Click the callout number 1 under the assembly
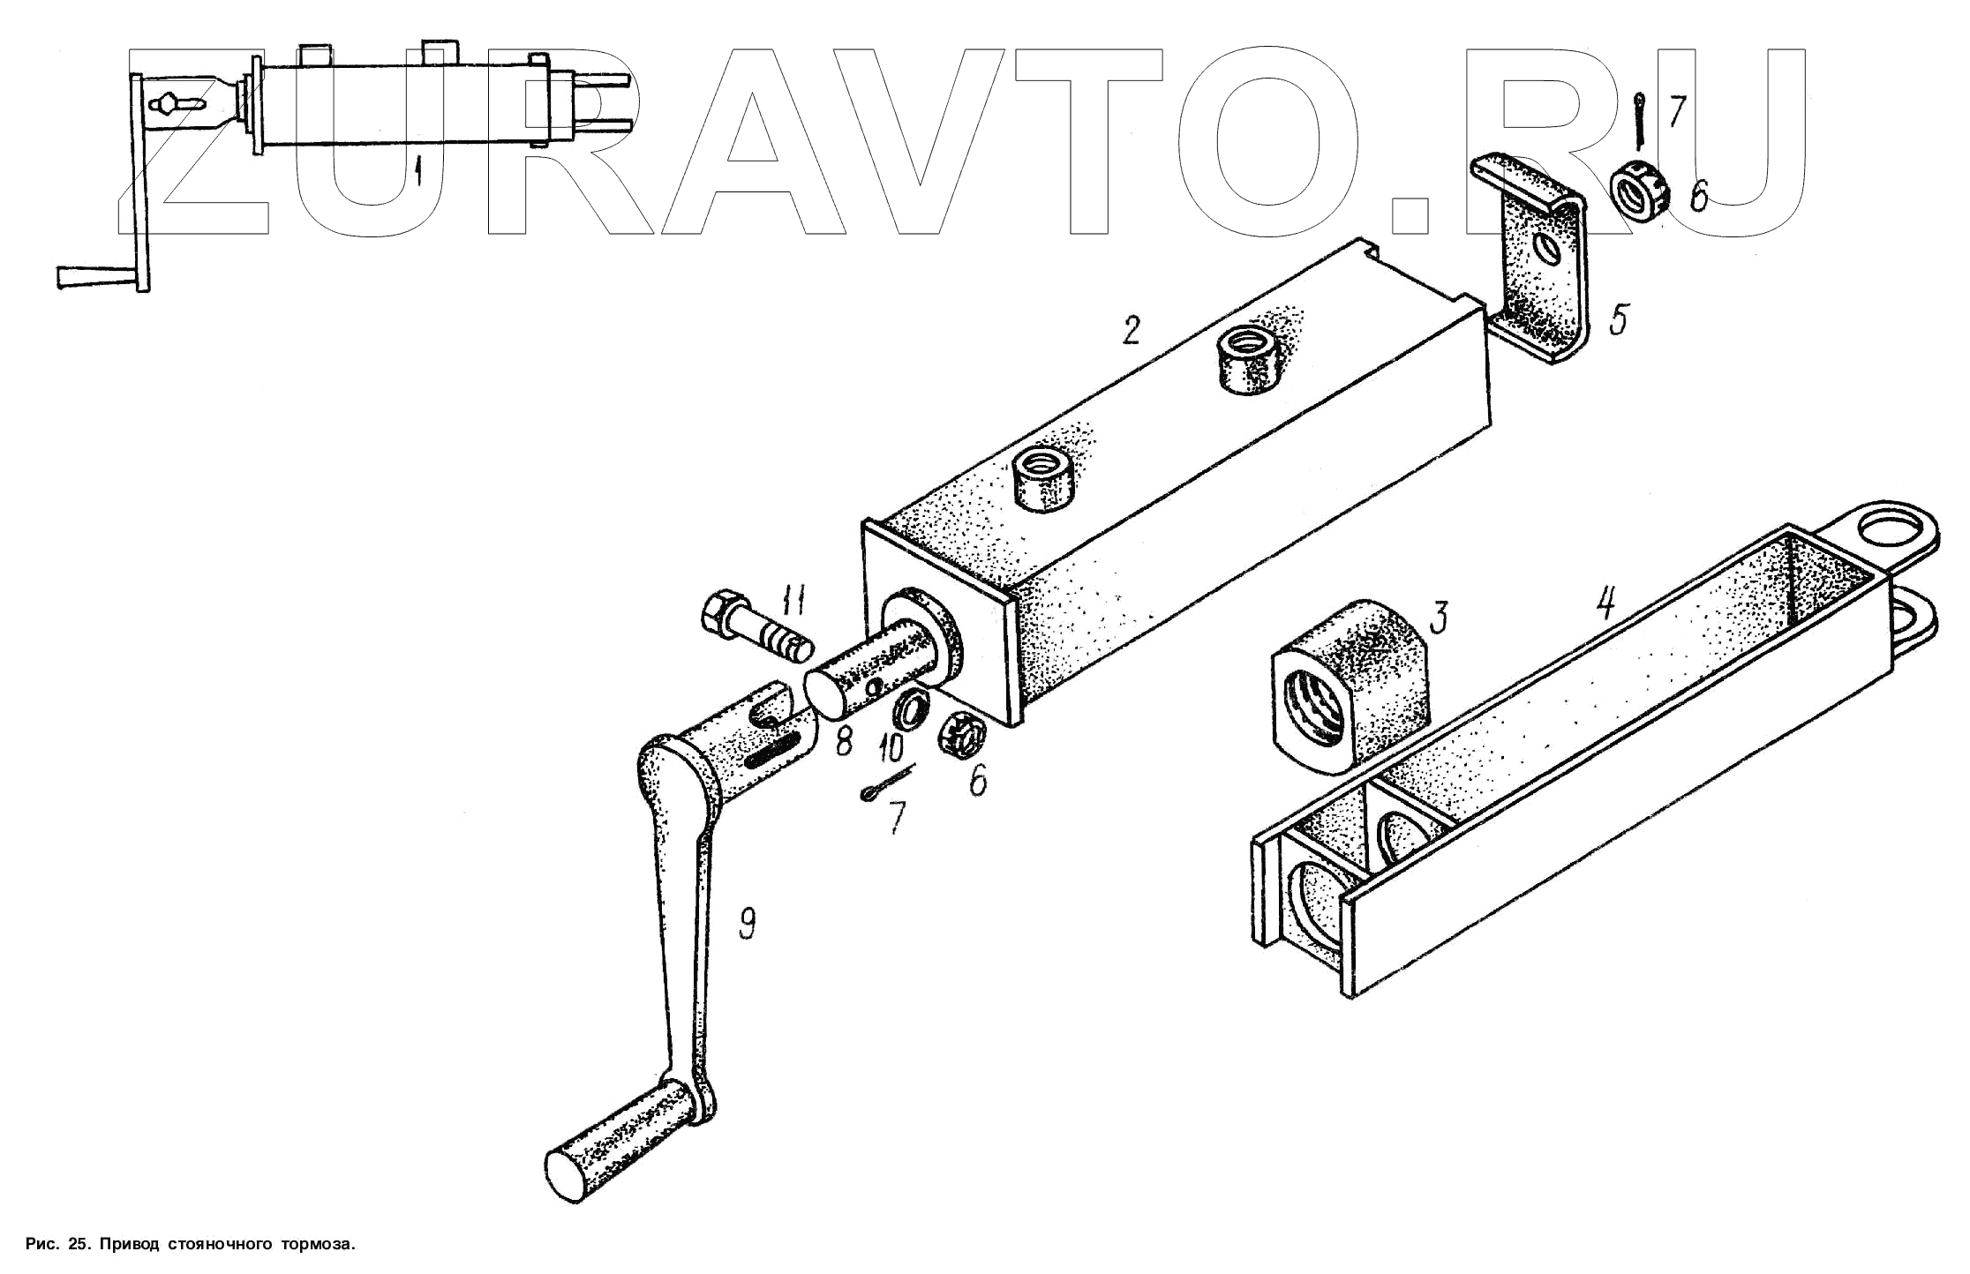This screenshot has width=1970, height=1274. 419,170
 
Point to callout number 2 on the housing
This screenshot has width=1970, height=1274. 1131,329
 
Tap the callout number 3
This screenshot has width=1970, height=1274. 1439,618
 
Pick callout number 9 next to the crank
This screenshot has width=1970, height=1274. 746,923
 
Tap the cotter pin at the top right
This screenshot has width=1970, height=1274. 1639,122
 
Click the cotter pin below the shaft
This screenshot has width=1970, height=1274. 886,783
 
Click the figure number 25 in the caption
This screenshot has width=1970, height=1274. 78,1245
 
